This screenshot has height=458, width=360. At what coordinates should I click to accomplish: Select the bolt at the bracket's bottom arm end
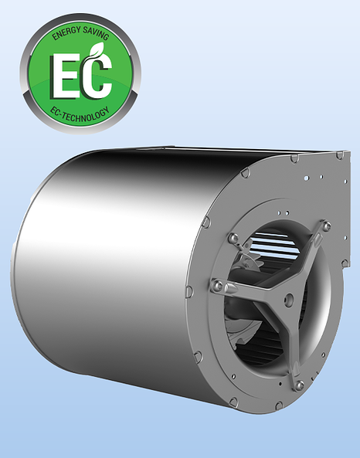point(299,384)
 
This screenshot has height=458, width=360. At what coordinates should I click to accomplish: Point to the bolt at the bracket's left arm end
point(219,287)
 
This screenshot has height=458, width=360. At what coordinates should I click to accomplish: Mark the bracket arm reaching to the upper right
point(305,255)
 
